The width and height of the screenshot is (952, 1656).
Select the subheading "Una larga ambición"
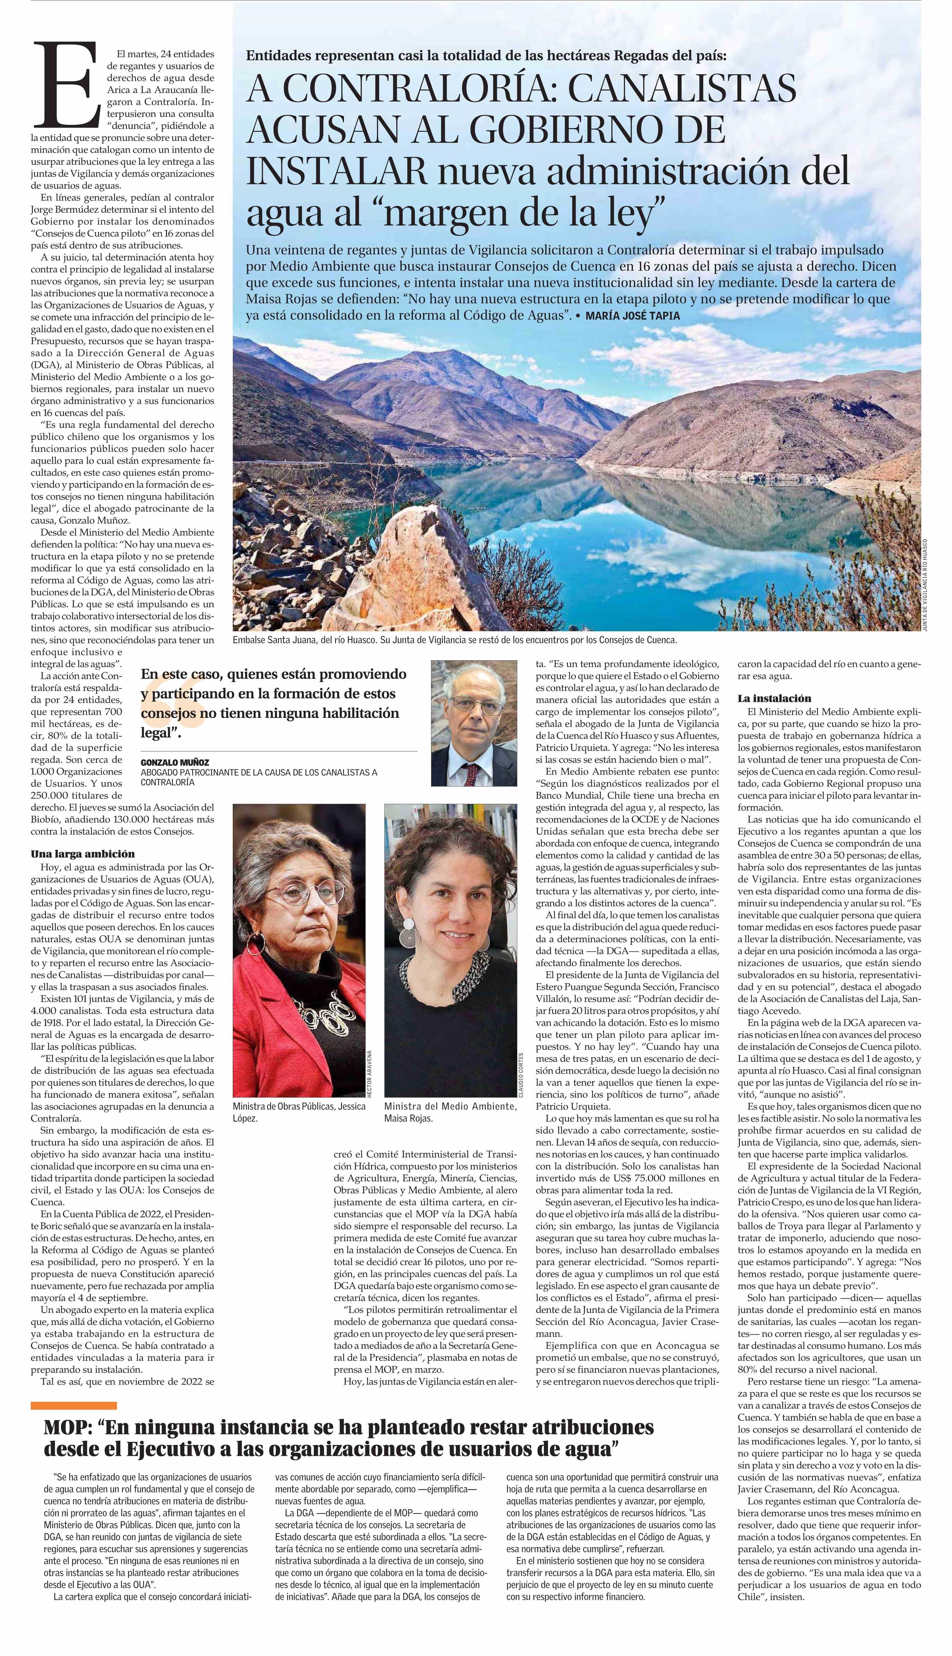(x=83, y=854)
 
